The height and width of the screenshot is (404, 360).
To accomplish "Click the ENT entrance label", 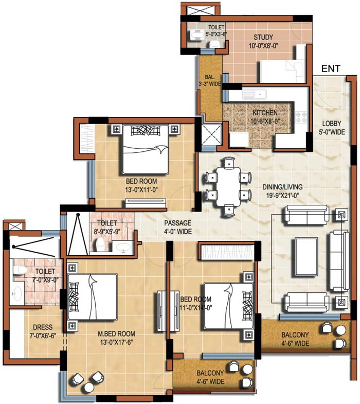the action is coord(331,68).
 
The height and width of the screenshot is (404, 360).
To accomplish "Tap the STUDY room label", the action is coord(263,37).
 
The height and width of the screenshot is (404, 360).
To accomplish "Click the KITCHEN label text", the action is coord(265,113).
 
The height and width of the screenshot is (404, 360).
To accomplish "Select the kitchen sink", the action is coord(255,94).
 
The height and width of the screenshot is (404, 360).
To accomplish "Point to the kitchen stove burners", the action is coord(301,117).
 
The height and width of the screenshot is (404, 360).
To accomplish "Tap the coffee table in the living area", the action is coord(307,257).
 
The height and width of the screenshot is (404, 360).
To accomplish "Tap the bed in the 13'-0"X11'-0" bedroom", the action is coord(146,149).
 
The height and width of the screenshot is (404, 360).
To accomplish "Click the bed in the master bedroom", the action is coord(92,297).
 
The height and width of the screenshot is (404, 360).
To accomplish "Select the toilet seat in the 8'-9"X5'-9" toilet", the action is coord(100,243).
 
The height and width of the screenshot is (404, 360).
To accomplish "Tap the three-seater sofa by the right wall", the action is coord(339,261).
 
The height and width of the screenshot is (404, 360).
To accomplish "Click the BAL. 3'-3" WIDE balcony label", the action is coord(210,80).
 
